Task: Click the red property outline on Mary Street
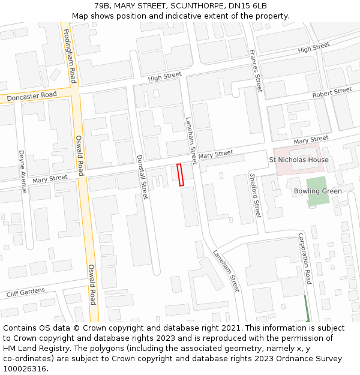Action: (180, 175)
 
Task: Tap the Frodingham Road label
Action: (69, 58)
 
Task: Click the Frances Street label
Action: (256, 71)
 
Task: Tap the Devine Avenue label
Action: (22, 172)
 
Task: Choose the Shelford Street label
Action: (256, 194)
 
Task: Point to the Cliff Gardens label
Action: (26, 293)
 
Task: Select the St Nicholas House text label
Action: (299, 160)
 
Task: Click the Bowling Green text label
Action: (317, 191)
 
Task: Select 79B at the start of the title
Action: (102, 6)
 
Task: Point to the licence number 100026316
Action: (25, 368)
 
